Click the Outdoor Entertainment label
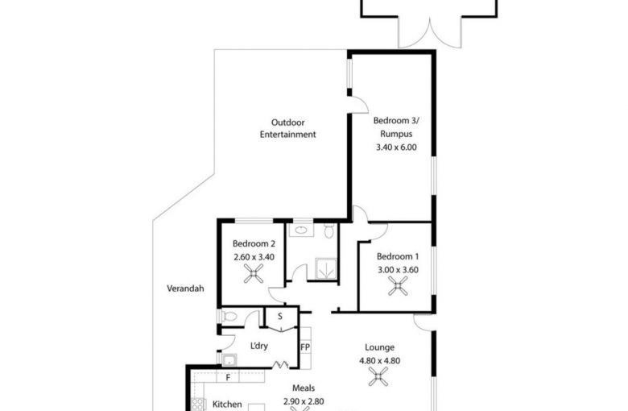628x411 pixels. click(287, 128)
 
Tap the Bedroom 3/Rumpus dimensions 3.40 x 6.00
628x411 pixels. click(396, 147)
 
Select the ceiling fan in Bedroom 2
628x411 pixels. click(254, 273)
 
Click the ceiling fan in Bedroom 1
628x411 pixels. click(398, 286)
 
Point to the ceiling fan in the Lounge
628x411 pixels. click(378, 377)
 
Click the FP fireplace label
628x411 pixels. click(305, 347)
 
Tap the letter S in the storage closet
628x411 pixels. click(280, 317)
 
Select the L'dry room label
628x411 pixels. click(258, 346)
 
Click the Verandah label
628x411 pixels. click(185, 289)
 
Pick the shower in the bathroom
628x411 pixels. click(326, 268)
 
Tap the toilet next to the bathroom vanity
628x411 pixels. click(328, 230)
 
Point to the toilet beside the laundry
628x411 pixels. click(229, 317)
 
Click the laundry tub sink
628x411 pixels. click(229, 360)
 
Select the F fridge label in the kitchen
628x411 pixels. click(228, 377)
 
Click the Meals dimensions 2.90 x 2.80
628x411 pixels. click(304, 401)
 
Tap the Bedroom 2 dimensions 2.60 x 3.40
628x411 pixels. click(254, 257)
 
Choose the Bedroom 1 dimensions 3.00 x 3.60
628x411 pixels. click(398, 270)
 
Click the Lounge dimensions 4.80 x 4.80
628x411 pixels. click(380, 360)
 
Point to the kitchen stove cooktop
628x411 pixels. click(198, 405)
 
